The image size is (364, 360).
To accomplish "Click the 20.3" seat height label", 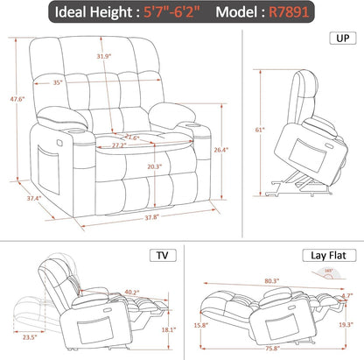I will click(129, 166).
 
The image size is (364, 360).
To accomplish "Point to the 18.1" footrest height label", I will click(168, 330).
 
